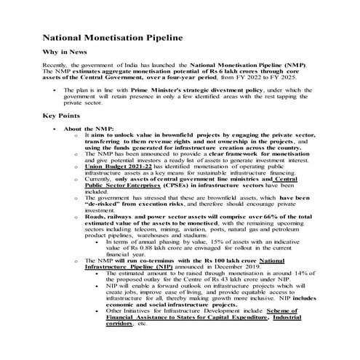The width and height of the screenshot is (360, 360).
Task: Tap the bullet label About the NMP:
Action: (95, 129)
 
